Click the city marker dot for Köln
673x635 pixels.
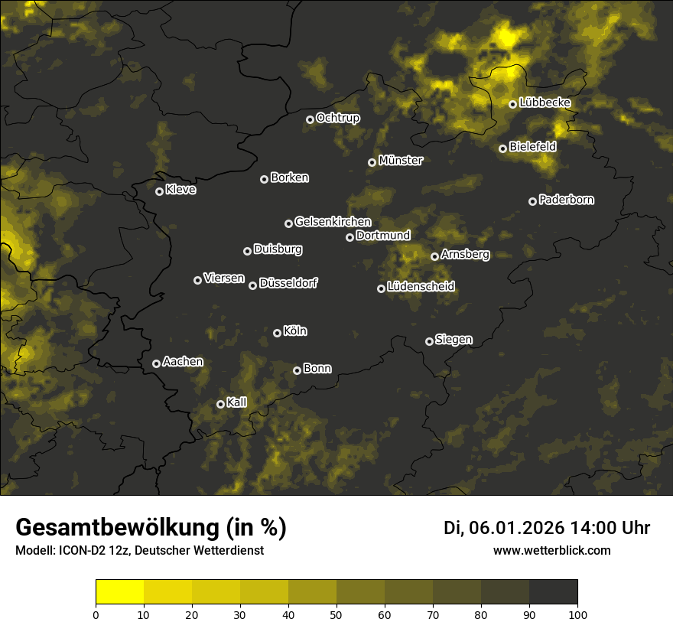click(x=277, y=333)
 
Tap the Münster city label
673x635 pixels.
click(x=400, y=161)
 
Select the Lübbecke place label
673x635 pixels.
click(x=545, y=103)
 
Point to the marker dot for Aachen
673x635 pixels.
click(x=156, y=363)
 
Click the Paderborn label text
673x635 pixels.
click(x=566, y=200)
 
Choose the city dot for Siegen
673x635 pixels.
click(x=429, y=341)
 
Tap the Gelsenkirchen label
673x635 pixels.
click(x=333, y=222)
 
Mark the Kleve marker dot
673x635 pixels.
click(x=159, y=191)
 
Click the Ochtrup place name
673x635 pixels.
click(x=337, y=118)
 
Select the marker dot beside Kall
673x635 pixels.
click(x=220, y=404)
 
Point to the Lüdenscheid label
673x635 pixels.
click(x=421, y=287)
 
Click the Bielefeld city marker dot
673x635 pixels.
click(x=502, y=148)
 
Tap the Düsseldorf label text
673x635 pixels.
click(x=288, y=283)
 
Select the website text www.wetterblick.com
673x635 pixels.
click(x=551, y=550)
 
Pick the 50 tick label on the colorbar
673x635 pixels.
click(x=336, y=614)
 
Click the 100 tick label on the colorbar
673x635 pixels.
click(x=577, y=614)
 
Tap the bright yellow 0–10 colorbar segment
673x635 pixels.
click(x=120, y=591)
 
